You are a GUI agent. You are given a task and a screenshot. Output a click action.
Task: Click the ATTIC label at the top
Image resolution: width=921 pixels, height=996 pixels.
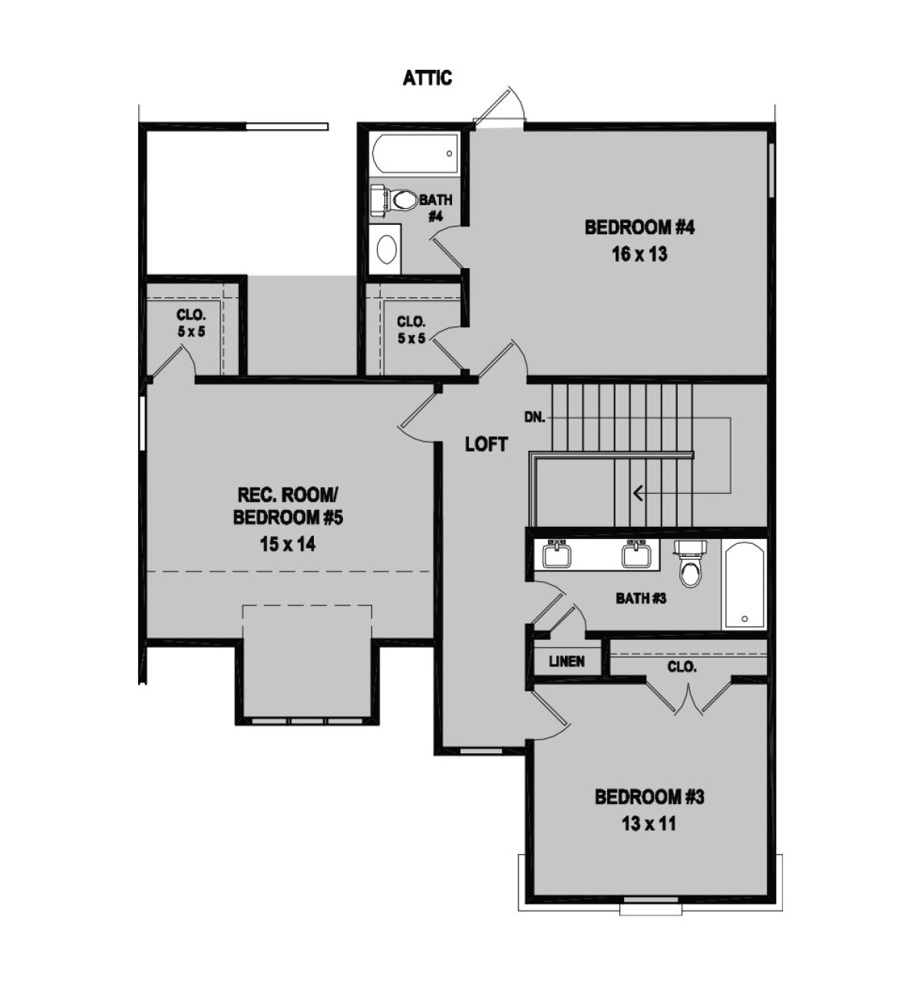click(427, 78)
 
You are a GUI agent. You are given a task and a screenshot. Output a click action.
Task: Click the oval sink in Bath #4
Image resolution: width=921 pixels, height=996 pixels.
click(387, 250)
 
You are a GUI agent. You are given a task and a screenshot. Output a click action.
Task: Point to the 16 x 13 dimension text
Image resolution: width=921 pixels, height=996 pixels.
click(639, 254)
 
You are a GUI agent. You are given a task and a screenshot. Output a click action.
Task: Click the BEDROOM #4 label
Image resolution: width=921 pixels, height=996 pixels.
click(640, 227)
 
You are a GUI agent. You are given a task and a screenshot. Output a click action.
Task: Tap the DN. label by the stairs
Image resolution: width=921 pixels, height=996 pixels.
click(534, 417)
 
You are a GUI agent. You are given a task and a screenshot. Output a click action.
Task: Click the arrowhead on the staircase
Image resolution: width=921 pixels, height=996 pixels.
click(639, 494)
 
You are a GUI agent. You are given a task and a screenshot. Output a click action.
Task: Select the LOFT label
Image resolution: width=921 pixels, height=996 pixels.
click(487, 444)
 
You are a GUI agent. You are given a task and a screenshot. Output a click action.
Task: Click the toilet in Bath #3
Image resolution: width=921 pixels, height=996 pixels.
click(690, 563)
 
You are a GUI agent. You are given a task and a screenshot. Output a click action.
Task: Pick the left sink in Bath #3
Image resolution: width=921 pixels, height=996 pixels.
click(557, 554)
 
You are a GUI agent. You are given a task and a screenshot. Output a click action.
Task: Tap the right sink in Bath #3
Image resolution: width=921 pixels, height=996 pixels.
click(636, 554)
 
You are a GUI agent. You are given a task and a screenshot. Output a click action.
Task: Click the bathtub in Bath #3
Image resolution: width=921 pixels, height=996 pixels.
click(744, 585)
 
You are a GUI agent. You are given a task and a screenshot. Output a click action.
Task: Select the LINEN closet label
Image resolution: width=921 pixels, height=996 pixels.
click(566, 661)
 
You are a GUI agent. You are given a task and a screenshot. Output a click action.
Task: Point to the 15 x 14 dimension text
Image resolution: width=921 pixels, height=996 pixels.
click(288, 544)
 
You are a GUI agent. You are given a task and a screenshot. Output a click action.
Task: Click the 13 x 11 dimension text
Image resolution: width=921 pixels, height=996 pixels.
click(649, 823)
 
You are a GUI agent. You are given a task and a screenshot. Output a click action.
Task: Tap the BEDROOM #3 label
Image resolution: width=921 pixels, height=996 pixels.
click(649, 797)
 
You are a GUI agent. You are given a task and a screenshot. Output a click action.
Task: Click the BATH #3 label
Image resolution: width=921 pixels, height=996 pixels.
click(641, 597)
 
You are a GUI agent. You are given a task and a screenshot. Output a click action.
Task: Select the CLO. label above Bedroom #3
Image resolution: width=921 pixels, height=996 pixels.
click(682, 667)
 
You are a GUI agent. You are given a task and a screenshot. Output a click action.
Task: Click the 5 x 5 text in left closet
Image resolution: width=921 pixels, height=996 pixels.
click(191, 332)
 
